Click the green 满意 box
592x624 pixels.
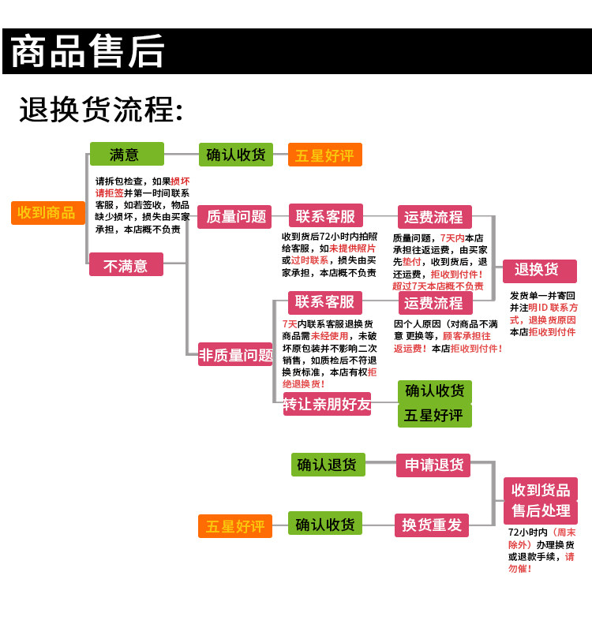[x=126, y=154]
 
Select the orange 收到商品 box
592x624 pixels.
[x=47, y=212]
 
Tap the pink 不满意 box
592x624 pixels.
[x=126, y=265]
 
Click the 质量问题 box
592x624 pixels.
[x=235, y=217]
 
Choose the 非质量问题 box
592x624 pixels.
[x=235, y=355]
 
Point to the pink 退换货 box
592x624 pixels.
[x=539, y=271]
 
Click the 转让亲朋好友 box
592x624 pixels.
[x=327, y=405]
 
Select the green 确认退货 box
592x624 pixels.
[x=327, y=465]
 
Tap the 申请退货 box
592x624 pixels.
[x=433, y=465]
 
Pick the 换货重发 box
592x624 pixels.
[x=432, y=525]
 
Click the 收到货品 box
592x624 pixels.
[x=541, y=489]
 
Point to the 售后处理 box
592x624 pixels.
[x=541, y=511]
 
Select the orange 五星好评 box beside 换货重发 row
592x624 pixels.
[x=235, y=526]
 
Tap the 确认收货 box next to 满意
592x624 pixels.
[x=235, y=155]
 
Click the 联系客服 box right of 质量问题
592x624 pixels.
[x=325, y=217]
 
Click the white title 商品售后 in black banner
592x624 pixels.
[x=88, y=52]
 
